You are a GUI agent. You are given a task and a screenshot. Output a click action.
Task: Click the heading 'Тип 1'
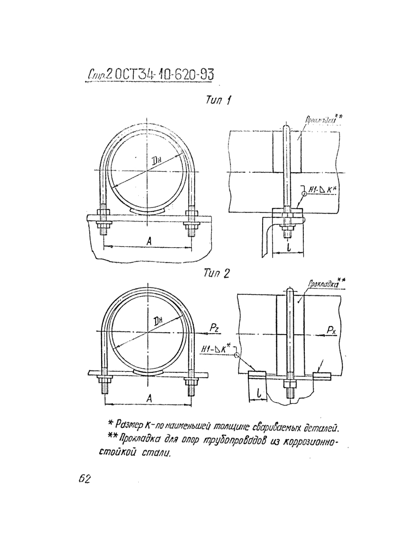217,101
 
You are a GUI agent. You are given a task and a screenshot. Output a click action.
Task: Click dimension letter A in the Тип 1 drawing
149,241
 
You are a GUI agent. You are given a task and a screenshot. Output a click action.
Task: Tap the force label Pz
213,328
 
